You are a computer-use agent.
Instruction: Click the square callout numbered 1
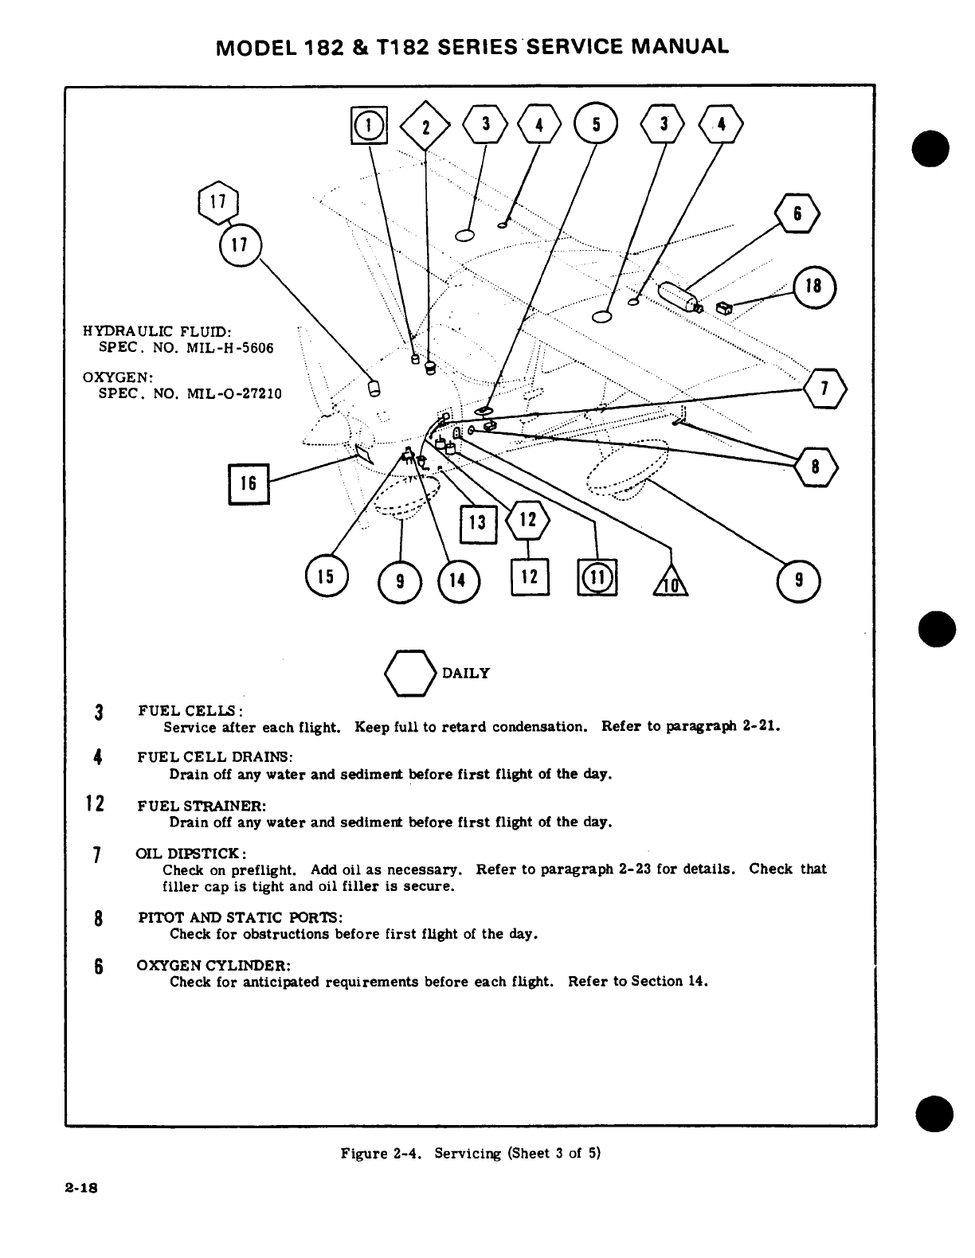pyautogui.click(x=369, y=125)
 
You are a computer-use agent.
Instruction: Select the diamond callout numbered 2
pyautogui.click(x=426, y=126)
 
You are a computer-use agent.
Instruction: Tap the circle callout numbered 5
pyautogui.click(x=597, y=125)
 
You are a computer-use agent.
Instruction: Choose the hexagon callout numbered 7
pyautogui.click(x=825, y=389)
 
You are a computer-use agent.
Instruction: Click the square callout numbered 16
pyautogui.click(x=249, y=483)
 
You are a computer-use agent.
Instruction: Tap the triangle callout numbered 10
pyautogui.click(x=671, y=584)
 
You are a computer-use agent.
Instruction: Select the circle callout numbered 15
pyautogui.click(x=327, y=577)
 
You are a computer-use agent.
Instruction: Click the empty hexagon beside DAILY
pyautogui.click(x=411, y=674)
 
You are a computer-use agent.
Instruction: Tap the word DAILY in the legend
pyautogui.click(x=466, y=674)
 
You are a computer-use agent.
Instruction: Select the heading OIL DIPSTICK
pyautogui.click(x=192, y=854)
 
